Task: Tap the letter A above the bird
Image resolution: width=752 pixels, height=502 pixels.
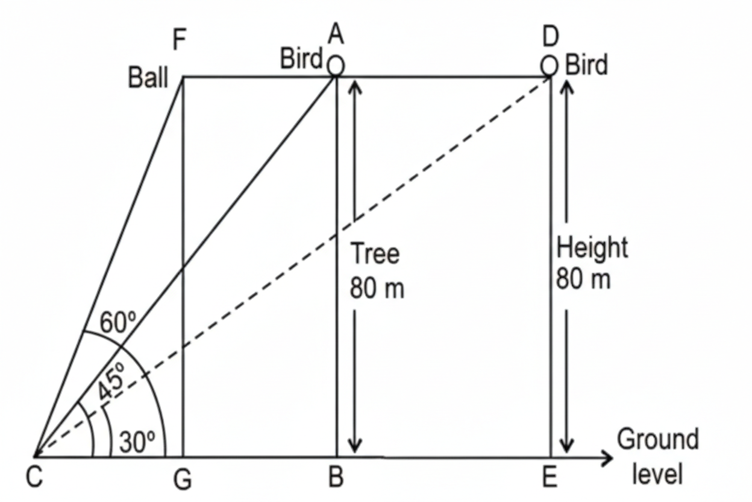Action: point(336,36)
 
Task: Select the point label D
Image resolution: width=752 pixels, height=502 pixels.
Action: point(550,37)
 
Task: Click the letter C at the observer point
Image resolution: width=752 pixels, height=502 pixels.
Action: point(34,478)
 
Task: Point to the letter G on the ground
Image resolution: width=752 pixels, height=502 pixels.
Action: point(183,480)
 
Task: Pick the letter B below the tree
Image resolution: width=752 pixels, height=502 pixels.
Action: point(336,478)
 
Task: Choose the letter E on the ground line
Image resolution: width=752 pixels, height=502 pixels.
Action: point(549,478)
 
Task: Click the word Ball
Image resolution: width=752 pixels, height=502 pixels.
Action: point(148,78)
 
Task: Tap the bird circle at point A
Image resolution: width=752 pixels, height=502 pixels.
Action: point(336,65)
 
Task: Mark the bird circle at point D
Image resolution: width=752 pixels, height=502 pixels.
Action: point(549,64)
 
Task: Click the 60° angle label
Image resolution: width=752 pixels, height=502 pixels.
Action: point(114,323)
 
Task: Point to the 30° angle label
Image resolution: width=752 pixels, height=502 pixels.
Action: point(137,443)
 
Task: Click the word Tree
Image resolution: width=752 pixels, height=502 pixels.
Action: point(374,253)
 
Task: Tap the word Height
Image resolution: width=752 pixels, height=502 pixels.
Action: point(592,248)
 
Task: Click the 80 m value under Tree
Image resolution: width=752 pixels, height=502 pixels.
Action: point(377,288)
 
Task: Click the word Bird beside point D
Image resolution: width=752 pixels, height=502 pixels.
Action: point(586,65)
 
